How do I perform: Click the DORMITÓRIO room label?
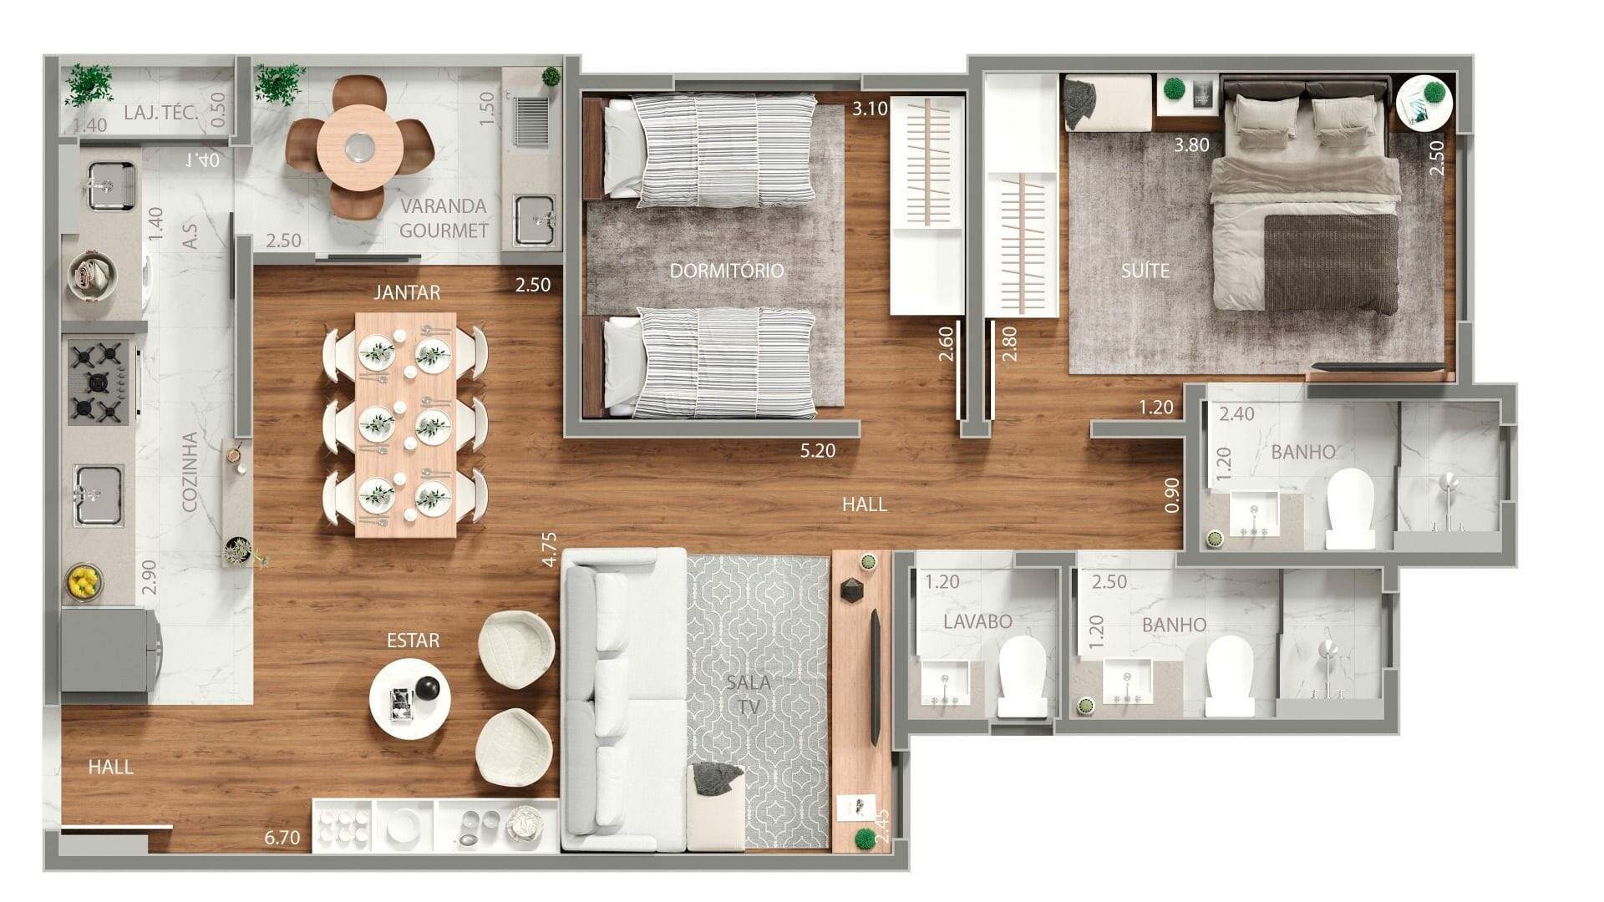pos(727,271)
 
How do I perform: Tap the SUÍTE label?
pos(1145,271)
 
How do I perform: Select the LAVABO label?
pos(977,621)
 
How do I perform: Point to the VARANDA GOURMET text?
pos(444,218)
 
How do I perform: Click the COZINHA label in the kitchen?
pos(190,472)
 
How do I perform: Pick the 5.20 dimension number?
pos(817,451)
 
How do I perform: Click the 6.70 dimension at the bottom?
pos(282,837)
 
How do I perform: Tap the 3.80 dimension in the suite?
pos(1191,144)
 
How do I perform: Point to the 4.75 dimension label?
pos(549,550)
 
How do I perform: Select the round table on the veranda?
pos(360,147)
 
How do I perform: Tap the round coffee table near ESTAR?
pos(410,698)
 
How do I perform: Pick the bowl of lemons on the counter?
pos(83,581)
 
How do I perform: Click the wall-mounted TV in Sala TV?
pos(875,676)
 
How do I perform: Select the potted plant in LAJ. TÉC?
pos(89,84)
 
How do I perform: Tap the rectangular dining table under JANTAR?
pos(406,425)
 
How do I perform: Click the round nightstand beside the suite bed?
pos(1424,102)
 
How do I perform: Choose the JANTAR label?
pos(407,292)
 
